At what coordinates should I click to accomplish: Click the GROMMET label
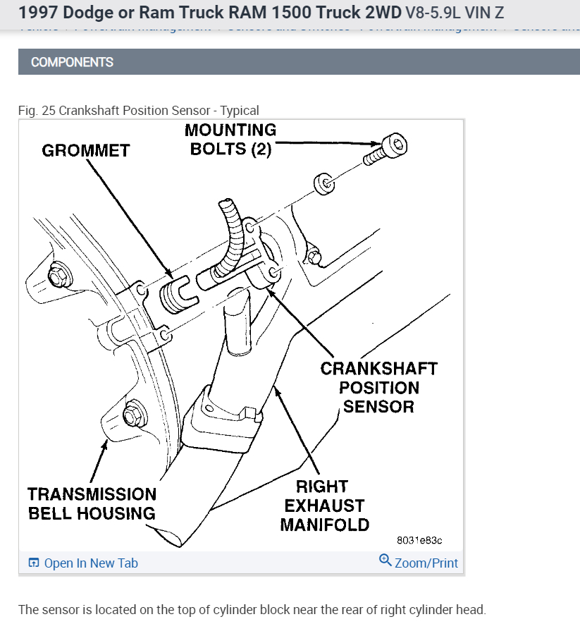coord(86,150)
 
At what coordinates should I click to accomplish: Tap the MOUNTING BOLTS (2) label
coord(230,140)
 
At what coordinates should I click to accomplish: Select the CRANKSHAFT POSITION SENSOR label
coord(378,387)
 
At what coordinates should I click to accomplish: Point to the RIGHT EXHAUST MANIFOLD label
coord(324,506)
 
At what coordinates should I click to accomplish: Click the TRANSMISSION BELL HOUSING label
coord(92,503)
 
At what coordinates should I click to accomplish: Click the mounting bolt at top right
coord(385,150)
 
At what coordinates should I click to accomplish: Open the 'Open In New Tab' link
coord(91,563)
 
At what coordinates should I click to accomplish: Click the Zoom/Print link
coord(426,563)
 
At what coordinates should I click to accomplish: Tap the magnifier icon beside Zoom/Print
coord(385,561)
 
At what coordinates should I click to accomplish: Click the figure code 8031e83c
coord(419,540)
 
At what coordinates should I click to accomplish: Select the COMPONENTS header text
coord(72,62)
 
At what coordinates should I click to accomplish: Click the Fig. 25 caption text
coord(139,110)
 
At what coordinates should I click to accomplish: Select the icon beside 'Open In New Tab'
coord(34,563)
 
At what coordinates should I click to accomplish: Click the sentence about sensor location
coord(252,609)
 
